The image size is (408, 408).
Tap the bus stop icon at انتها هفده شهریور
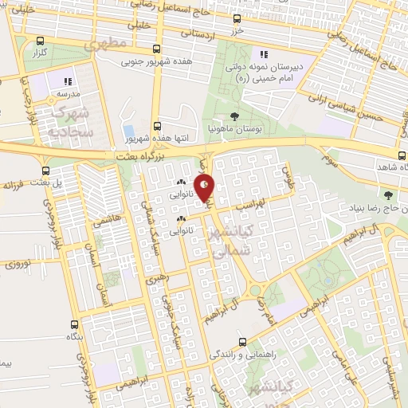[x=157, y=126]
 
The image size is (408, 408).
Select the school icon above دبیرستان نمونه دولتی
[x=263, y=54]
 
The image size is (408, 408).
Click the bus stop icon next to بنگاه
[x=74, y=324]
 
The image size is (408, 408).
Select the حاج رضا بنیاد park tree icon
[x=388, y=195]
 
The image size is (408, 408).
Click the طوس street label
[x=288, y=169]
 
